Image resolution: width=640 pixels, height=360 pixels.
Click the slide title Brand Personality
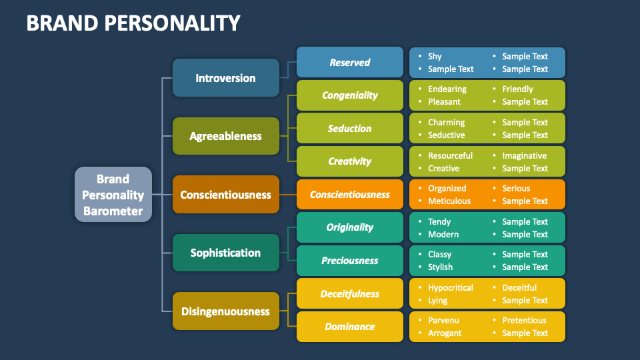(x=133, y=23)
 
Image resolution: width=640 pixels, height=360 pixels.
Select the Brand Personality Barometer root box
(x=113, y=195)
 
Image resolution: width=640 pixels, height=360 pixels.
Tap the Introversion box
(x=225, y=78)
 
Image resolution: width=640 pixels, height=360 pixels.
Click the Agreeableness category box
(x=225, y=136)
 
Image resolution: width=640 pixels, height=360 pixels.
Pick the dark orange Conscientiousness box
(x=225, y=195)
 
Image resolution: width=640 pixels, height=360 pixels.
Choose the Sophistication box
(x=225, y=253)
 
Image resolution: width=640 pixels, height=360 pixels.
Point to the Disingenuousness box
(x=225, y=311)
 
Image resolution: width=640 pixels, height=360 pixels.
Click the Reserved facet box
(x=349, y=62)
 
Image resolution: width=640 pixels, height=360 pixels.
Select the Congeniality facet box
(x=349, y=95)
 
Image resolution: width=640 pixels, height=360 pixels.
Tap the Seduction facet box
(x=349, y=128)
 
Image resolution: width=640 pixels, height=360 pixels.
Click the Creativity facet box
(x=349, y=161)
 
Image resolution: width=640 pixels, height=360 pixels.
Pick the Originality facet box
(x=349, y=227)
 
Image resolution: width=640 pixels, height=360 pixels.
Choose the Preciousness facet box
(x=349, y=261)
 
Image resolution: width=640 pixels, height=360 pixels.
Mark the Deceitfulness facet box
(x=349, y=293)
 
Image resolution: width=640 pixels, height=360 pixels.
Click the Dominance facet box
(x=349, y=327)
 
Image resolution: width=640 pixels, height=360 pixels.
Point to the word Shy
(x=435, y=57)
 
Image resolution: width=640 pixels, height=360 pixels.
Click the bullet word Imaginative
(x=525, y=155)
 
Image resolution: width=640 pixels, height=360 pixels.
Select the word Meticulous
(x=449, y=201)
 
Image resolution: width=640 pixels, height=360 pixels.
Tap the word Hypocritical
(x=451, y=287)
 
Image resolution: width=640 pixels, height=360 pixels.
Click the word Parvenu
(x=443, y=321)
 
